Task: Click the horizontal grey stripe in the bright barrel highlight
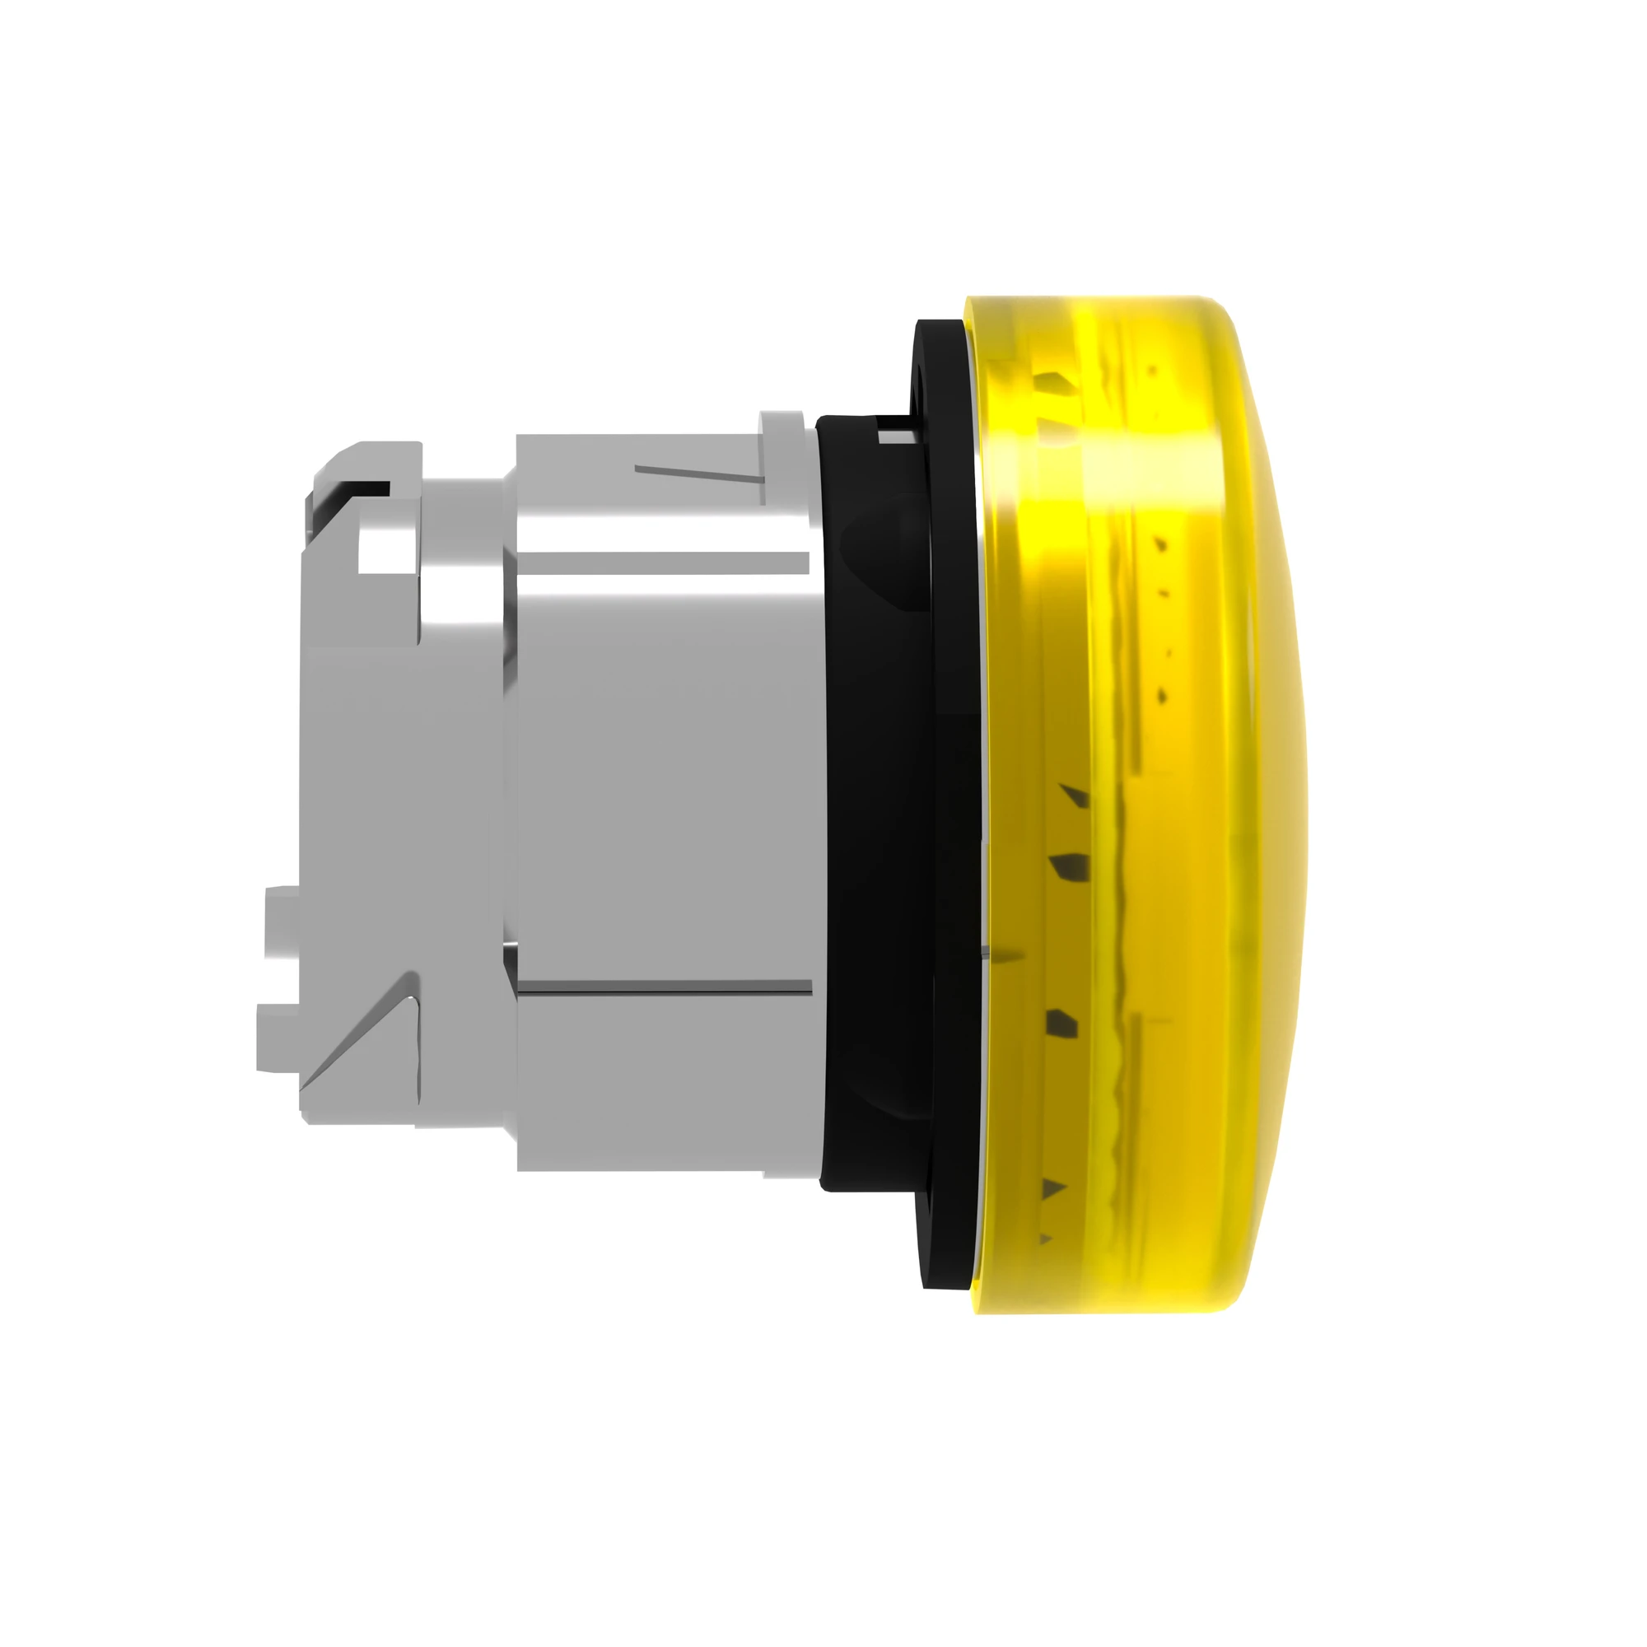pyautogui.click(x=665, y=562)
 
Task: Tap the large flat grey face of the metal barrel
pyautogui.click(x=665, y=768)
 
